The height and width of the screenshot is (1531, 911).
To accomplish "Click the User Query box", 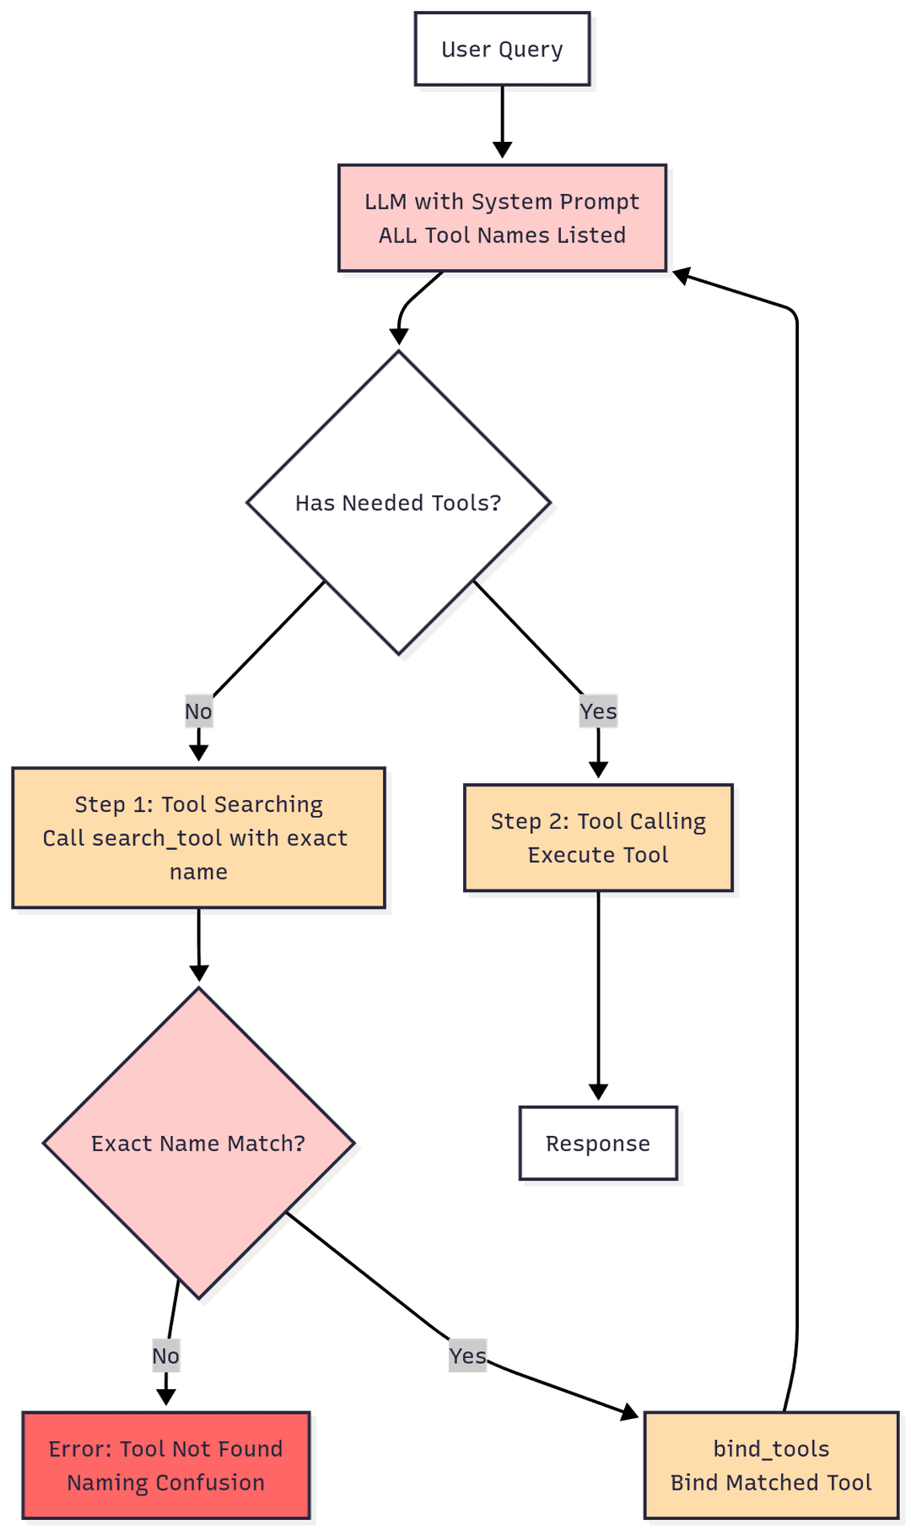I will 502,49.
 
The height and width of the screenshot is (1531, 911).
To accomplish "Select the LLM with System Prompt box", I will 502,218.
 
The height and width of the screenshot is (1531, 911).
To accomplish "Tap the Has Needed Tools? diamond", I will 398,503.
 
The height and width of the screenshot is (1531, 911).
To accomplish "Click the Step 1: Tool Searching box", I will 198,837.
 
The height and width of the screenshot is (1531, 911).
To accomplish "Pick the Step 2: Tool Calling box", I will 598,837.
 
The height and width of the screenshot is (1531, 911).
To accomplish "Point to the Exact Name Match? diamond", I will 198,1144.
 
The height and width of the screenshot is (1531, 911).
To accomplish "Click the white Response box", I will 598,1144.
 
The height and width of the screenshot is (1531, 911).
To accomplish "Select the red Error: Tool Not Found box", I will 166,1465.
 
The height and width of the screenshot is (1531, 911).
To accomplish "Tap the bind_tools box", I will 771,1465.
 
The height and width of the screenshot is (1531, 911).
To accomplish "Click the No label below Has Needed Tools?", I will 198,711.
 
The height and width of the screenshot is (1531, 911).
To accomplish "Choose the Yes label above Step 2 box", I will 598,711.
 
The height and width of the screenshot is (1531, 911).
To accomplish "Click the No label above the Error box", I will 165,1356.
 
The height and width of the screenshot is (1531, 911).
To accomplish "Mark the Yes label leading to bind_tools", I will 467,1356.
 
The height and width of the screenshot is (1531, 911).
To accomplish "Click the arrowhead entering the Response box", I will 598,1092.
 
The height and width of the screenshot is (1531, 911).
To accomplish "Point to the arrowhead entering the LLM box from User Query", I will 502,150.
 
